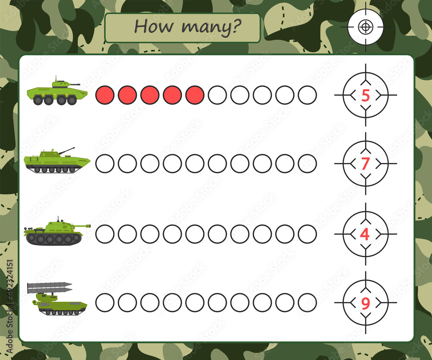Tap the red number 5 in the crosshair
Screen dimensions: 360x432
pos(365,96)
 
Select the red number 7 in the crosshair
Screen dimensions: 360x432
pos(365,164)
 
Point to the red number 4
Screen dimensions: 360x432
pos(365,234)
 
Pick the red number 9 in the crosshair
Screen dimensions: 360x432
pos(365,303)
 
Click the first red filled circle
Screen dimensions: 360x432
pos(105,95)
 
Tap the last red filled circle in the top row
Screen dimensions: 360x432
pos(195,95)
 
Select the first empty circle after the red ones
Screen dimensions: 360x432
pos(217,95)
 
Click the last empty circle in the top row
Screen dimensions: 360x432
pos(307,95)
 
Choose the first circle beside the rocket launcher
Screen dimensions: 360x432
pos(105,303)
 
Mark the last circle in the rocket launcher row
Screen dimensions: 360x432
pos(307,303)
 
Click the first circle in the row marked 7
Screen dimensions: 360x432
pos(105,164)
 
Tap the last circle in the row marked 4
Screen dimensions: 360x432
pos(307,234)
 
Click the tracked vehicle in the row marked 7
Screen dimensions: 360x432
pos(57,161)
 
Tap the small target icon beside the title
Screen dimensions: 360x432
pos(365,27)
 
